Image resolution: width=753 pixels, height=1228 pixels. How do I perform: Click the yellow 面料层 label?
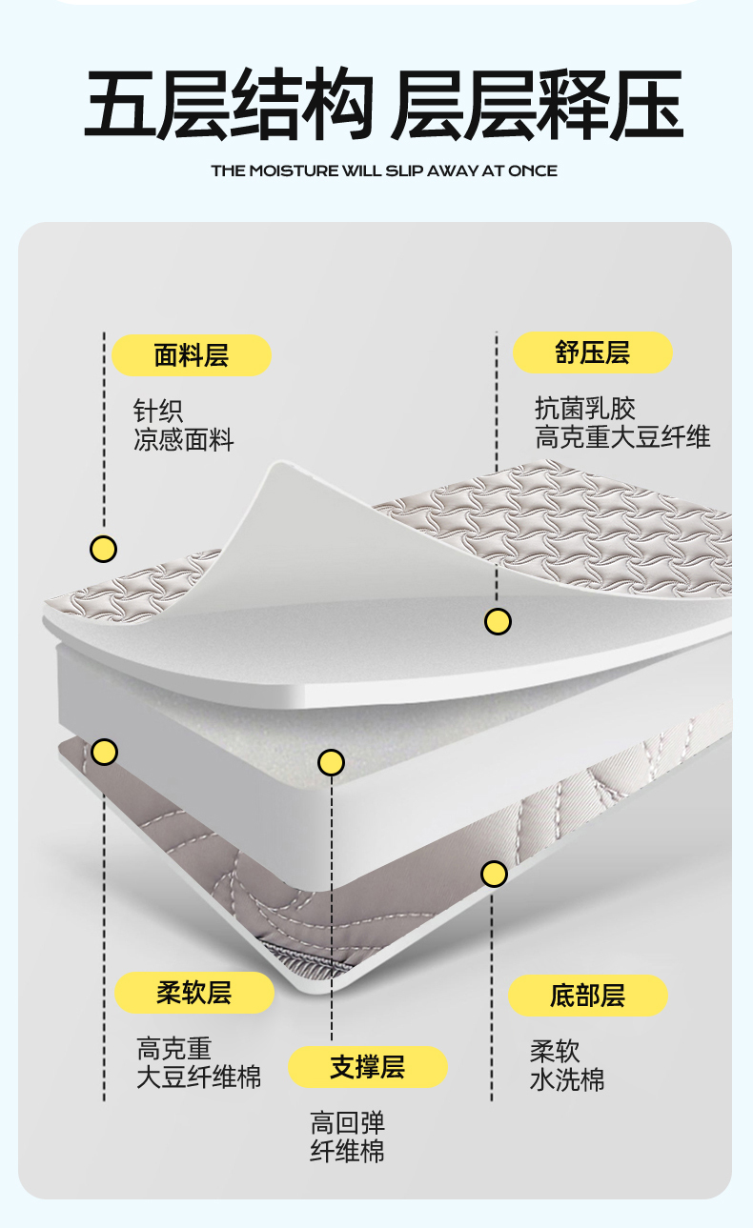tap(192, 355)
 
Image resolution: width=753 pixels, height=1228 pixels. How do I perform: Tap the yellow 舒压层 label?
tap(593, 352)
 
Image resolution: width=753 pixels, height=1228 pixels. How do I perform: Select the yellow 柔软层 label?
tap(194, 993)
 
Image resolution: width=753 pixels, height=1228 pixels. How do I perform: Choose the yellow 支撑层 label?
tap(368, 1067)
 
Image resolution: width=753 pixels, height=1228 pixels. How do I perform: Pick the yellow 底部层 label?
tap(588, 996)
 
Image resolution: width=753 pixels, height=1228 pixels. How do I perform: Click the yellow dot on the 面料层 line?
tap(103, 549)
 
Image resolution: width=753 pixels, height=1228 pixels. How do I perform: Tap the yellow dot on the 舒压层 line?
tap(498, 622)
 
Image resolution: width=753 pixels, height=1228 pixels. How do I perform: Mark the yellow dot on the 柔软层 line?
tap(104, 752)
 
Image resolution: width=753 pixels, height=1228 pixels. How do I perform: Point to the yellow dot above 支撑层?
tap(331, 762)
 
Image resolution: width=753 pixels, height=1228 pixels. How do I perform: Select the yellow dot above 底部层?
tap(494, 873)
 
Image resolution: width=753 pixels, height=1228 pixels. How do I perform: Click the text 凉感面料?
tap(184, 440)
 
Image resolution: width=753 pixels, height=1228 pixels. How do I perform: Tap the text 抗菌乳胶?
tap(584, 409)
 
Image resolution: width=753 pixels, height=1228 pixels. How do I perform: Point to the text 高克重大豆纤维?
tap(622, 437)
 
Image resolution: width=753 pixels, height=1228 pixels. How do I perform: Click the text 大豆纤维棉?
tap(198, 1077)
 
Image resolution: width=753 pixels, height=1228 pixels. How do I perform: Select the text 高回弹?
tap(348, 1122)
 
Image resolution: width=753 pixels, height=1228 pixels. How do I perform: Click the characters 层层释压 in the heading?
tap(537, 105)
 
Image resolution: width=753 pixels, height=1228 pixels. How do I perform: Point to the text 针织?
tap(158, 412)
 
